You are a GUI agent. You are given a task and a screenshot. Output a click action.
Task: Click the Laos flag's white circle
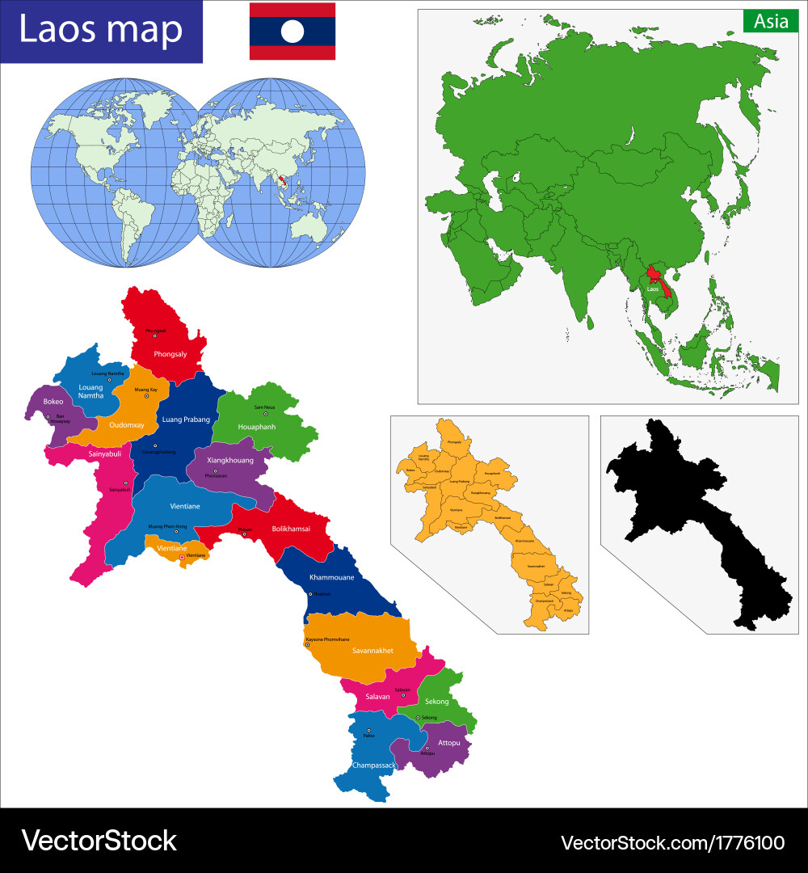[x=292, y=31]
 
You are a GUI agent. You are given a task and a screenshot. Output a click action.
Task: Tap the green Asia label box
[x=771, y=22]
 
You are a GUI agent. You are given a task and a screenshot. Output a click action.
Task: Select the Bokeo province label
[x=53, y=401]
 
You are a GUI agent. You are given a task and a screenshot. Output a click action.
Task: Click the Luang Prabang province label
[x=186, y=420]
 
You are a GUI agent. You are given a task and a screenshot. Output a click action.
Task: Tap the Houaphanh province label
[x=258, y=426]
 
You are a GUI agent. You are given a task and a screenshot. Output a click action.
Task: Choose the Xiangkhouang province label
[x=230, y=460]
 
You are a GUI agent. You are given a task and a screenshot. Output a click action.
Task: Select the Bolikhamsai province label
[x=291, y=529]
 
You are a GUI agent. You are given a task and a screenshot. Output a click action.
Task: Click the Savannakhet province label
[x=372, y=650]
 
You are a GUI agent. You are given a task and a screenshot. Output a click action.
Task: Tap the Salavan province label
[x=377, y=696]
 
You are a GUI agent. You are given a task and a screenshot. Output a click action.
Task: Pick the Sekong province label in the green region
[x=437, y=702]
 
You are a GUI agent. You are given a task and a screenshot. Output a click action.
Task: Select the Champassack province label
[x=373, y=765]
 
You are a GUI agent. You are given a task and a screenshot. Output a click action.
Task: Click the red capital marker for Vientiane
[x=182, y=556]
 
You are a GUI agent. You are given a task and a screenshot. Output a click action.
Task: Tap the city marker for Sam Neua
[x=264, y=414]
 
